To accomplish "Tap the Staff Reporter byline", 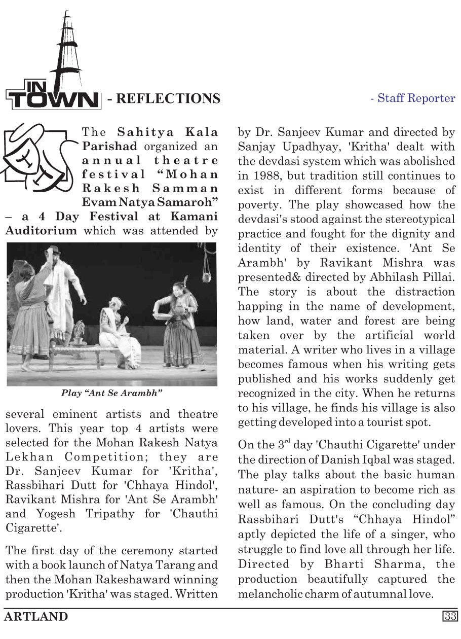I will pos(413,98).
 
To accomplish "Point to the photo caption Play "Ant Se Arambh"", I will pos(111,393).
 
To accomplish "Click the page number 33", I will pos(450,616).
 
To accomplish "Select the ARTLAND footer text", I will pos(36,617).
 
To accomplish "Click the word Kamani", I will pos(195,217).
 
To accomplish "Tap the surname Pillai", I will pos(439,277).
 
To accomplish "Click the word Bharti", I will pos(338,564).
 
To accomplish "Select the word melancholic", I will pos(274,593).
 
